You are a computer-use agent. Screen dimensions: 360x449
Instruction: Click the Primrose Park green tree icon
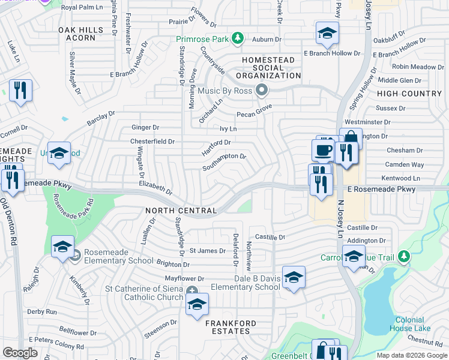coord(238,39)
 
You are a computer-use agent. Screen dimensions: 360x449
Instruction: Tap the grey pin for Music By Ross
coord(261,91)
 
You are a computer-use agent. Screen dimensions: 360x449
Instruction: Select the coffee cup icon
coord(324,150)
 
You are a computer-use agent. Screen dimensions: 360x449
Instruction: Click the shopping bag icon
coord(351,139)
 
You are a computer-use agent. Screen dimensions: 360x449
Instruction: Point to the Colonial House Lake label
coord(409,324)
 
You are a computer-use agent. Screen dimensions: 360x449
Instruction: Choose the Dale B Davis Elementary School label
coord(256,283)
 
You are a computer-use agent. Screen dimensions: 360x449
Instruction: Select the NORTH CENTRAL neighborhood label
coord(181,211)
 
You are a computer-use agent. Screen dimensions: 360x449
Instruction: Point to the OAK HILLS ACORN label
coord(77,34)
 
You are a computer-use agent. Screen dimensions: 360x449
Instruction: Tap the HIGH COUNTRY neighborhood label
coord(409,94)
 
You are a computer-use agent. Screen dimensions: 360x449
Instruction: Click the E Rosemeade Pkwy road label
coord(381,190)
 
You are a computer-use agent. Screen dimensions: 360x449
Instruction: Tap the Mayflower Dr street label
coord(184,278)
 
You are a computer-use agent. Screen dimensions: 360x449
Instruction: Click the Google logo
coord(20,352)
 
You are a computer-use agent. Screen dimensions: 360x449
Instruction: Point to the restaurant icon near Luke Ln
coord(21,91)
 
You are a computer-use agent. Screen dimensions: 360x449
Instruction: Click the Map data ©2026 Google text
coord(411,355)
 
